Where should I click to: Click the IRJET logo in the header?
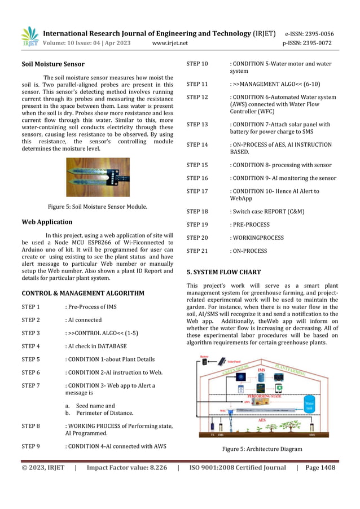point(30,37)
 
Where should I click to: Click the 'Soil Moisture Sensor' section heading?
point(53,64)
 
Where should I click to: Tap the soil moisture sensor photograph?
point(98,177)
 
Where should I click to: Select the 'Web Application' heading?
point(47,222)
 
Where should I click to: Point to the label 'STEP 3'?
point(30,333)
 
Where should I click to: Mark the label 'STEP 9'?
point(30,446)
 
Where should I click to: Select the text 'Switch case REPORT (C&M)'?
point(267,212)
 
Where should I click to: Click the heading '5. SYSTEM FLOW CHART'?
point(223,271)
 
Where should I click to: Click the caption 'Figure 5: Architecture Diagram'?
point(262,449)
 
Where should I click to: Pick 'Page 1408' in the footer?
point(320,467)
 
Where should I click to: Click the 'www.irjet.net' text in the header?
point(170,43)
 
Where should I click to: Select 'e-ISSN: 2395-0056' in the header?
point(309,34)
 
